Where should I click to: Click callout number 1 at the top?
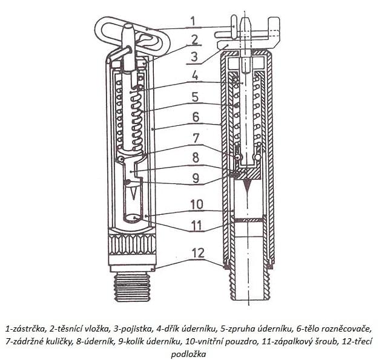(x=193, y=21)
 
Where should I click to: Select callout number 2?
(x=195, y=40)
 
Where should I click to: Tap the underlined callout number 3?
(x=194, y=56)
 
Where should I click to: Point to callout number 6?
(x=196, y=117)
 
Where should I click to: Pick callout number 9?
(x=196, y=178)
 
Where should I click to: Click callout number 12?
(x=198, y=253)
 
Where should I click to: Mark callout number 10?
(x=197, y=205)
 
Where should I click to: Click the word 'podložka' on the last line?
(x=188, y=354)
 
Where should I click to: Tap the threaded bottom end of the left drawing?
(x=132, y=287)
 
